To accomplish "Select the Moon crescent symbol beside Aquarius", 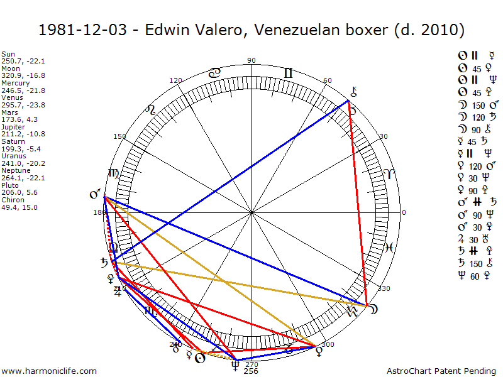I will pos(373,309).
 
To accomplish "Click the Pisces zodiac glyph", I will pos(389,248).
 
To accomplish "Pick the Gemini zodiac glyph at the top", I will pos(288,74).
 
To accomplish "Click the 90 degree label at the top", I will pos(251,60).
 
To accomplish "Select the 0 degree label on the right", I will pos(404,212).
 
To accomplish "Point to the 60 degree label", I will pos(327,80).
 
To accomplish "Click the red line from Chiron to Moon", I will pos(358,201).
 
